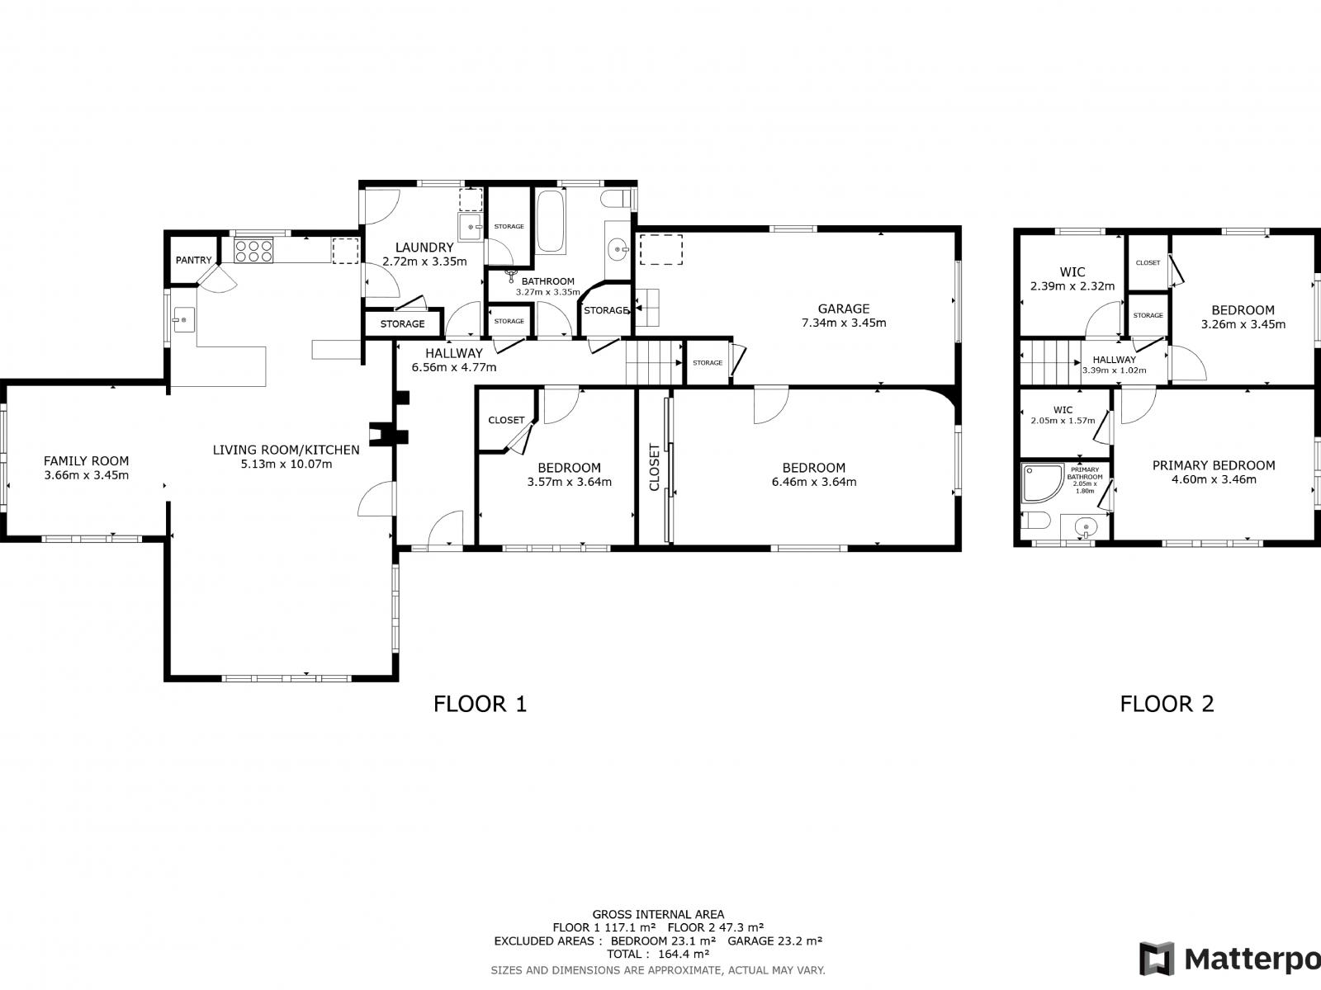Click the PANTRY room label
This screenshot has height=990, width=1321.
pyautogui.click(x=193, y=260)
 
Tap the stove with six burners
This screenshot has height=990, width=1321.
pyautogui.click(x=253, y=250)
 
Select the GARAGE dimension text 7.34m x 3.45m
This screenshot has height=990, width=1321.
pyautogui.click(x=844, y=323)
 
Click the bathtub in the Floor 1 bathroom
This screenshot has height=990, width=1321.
pyautogui.click(x=551, y=221)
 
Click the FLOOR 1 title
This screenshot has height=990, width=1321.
pyautogui.click(x=480, y=704)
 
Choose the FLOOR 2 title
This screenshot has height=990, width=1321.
pyautogui.click(x=1167, y=704)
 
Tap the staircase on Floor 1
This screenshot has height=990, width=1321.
pyautogui.click(x=651, y=362)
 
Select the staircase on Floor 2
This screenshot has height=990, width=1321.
pyautogui.click(x=1049, y=362)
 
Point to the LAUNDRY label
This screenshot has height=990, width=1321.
pyautogui.click(x=424, y=247)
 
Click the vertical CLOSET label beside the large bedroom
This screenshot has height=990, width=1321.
pyautogui.click(x=655, y=467)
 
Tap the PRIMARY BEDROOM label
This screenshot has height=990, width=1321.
pyautogui.click(x=1213, y=465)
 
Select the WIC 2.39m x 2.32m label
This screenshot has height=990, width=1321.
pyautogui.click(x=1072, y=280)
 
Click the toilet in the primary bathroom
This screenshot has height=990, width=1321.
pyautogui.click(x=1034, y=521)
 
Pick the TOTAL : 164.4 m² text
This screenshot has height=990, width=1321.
pyautogui.click(x=658, y=954)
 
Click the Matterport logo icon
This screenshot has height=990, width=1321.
pyautogui.click(x=1157, y=959)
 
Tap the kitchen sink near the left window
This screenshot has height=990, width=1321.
pyautogui.click(x=182, y=318)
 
